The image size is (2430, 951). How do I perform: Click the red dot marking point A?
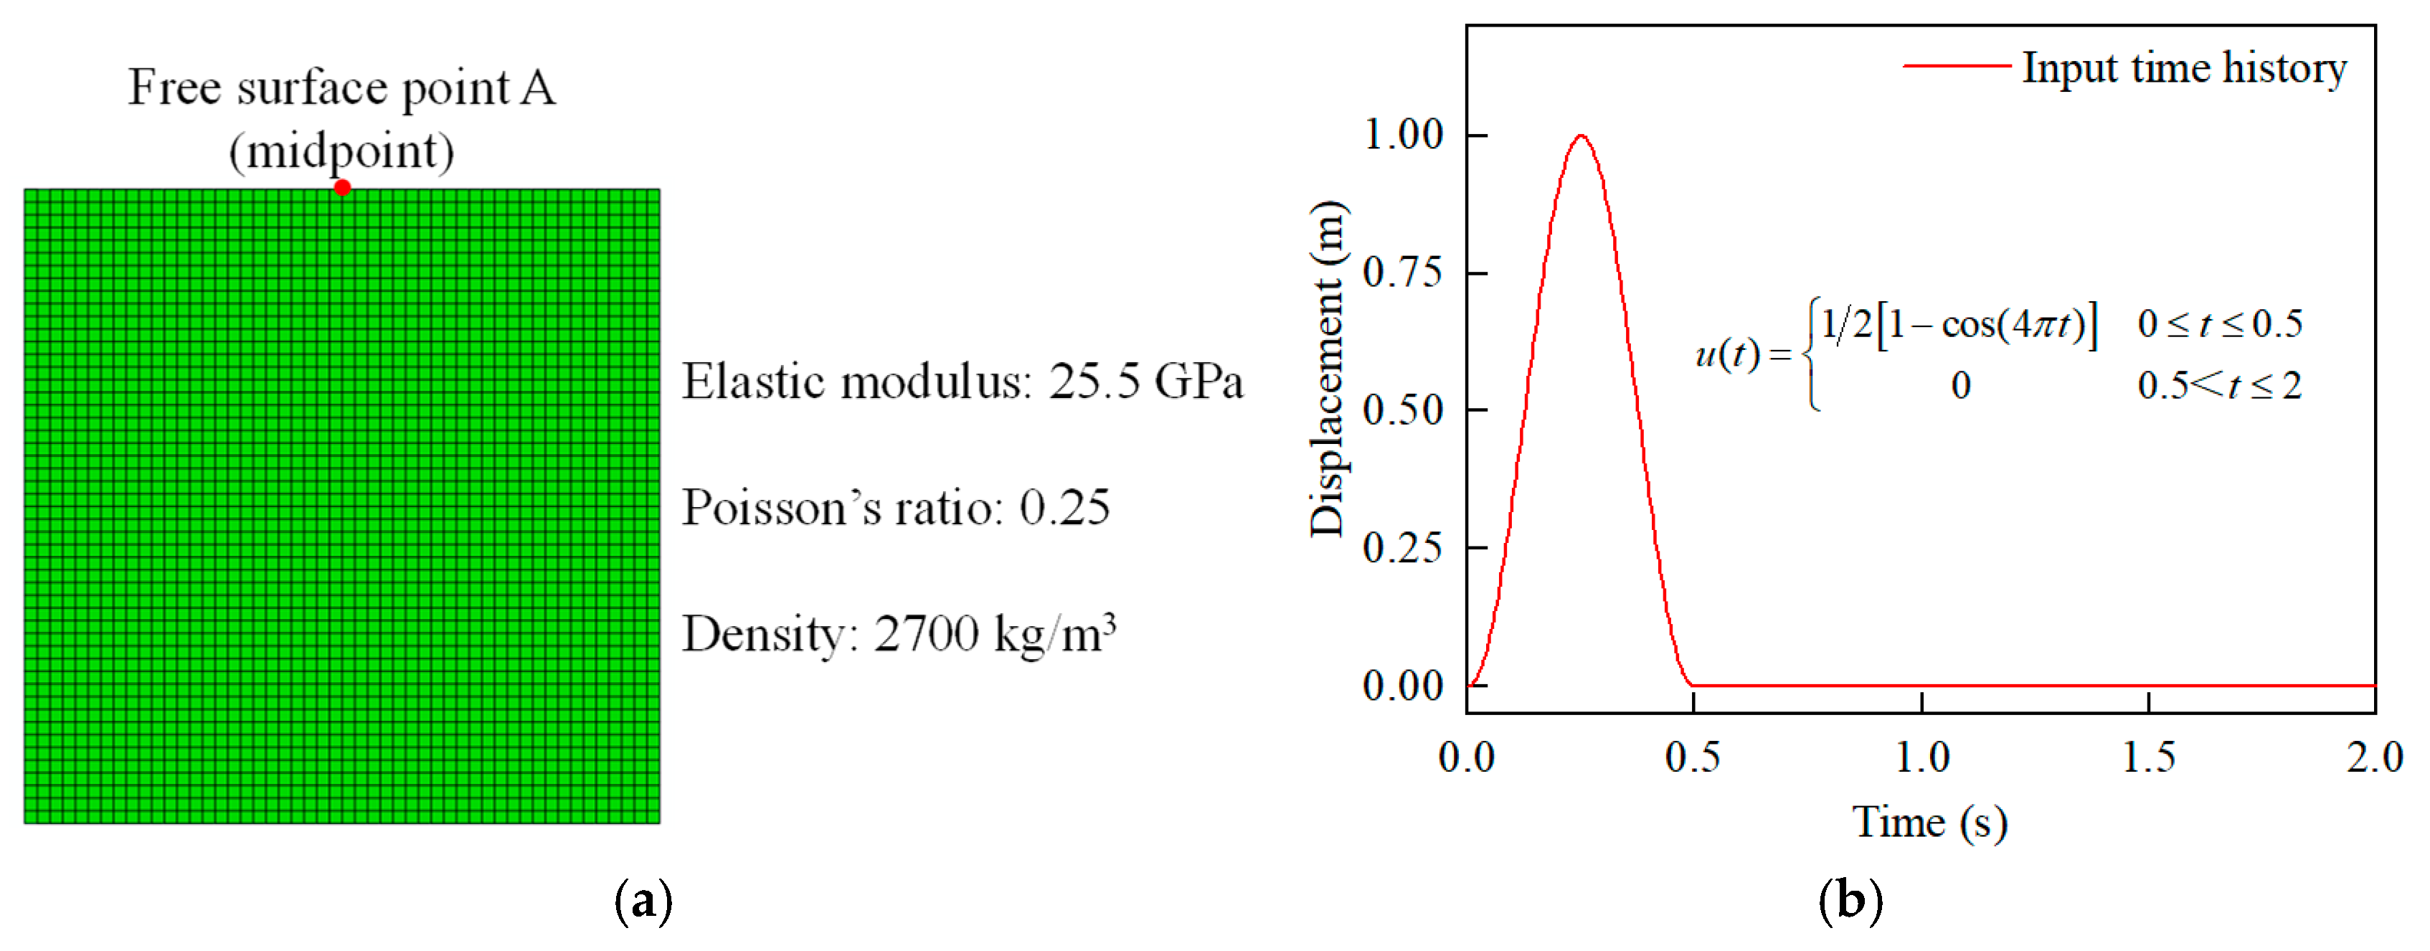[x=342, y=186]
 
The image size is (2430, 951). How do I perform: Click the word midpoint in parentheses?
[x=341, y=151]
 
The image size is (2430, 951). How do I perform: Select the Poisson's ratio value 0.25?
[x=1064, y=508]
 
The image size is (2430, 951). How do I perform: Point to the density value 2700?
[x=927, y=634]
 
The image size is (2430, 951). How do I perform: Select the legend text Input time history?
[x=2184, y=68]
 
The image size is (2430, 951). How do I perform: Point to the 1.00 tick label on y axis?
[x=1404, y=135]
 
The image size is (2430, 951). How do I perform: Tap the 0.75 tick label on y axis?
[x=1404, y=273]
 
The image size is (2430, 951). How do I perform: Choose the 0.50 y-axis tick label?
[x=1404, y=410]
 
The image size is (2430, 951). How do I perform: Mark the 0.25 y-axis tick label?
[x=1404, y=548]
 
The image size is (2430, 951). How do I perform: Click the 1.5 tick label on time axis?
[x=2148, y=757]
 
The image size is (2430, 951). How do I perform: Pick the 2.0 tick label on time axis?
[x=2373, y=757]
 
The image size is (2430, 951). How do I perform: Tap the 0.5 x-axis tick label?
[x=1693, y=757]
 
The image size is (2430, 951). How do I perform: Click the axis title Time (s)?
[x=1929, y=823]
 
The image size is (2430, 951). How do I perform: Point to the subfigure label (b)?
[x=1850, y=900]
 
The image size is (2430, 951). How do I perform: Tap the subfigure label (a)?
[x=643, y=900]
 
